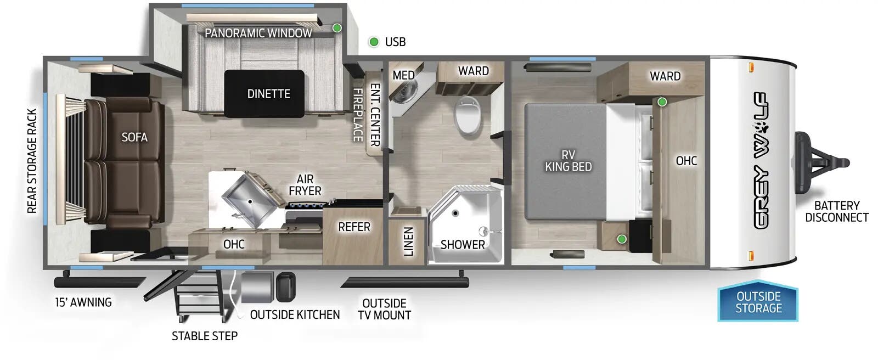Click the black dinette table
coord(264,94)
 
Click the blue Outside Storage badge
coord(758,302)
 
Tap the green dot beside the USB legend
coord(374,42)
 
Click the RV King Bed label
coord(568,161)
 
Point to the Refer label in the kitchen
coord(354,227)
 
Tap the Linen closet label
coord(408,241)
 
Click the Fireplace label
coord(358,115)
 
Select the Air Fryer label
coord(305,185)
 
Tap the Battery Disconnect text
coord(836,211)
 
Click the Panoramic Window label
coord(258,33)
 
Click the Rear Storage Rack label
coord(32,161)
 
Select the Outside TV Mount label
coord(384,309)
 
